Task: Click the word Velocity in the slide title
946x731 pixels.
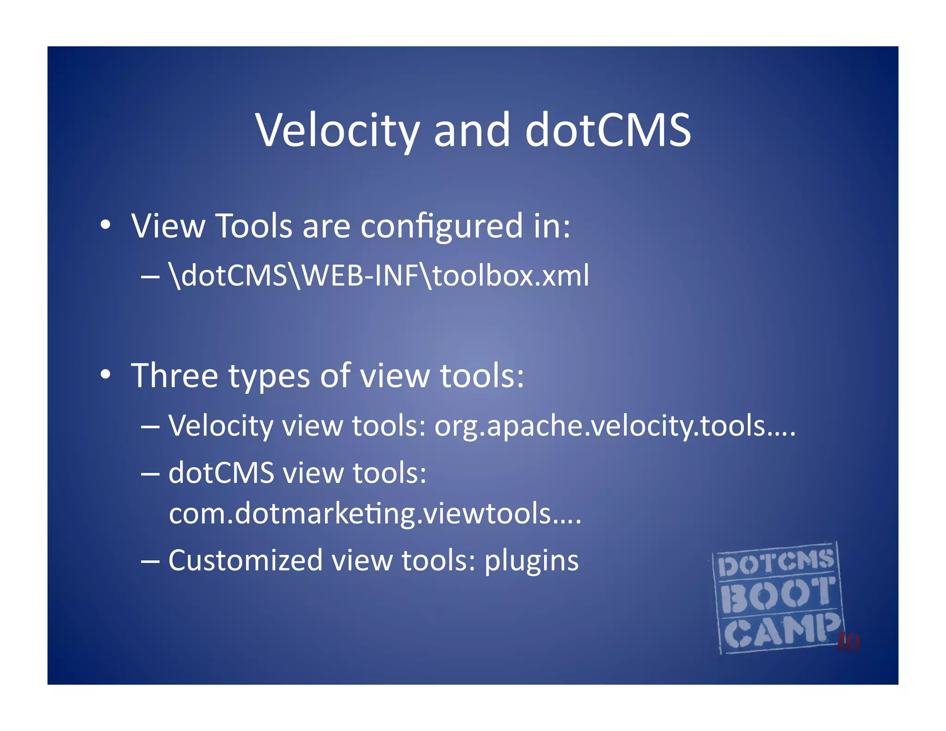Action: point(337,130)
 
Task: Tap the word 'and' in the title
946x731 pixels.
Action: point(472,130)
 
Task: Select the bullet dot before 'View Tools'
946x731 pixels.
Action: point(106,225)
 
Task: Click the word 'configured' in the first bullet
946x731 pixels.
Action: point(442,226)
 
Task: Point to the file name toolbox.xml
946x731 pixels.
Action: point(510,275)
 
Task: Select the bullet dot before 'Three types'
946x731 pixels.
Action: point(106,374)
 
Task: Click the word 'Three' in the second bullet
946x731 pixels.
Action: point(174,375)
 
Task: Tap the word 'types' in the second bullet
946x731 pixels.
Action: point(269,377)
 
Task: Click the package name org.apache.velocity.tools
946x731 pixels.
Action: point(614,426)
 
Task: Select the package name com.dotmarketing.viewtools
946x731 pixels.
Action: point(374,513)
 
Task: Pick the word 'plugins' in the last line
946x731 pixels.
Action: point(531,561)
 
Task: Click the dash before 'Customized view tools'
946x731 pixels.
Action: point(150,561)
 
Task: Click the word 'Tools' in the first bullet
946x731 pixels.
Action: point(254,226)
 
